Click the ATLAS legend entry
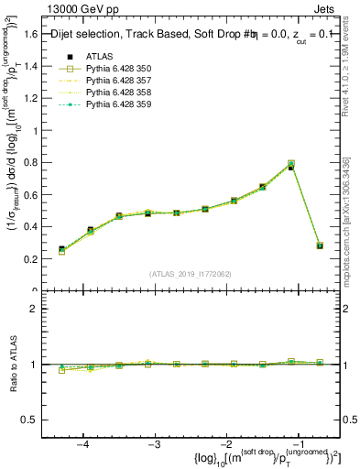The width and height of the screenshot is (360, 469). [x=100, y=57]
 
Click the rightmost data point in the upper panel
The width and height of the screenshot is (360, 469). [x=320, y=245]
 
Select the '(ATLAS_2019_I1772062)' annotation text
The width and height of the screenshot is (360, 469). [x=190, y=273]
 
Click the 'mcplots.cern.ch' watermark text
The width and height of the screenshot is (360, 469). [x=350, y=238]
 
